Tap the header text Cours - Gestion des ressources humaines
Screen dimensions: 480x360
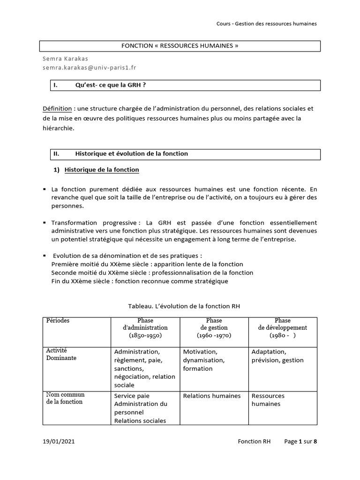tap(267, 24)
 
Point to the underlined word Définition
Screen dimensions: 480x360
tap(57, 109)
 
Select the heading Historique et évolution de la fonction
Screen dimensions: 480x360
tap(131, 154)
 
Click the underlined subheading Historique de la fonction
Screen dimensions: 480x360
tap(101, 170)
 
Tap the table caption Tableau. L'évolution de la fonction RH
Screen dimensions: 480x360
tap(184, 306)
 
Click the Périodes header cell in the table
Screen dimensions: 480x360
tap(58, 321)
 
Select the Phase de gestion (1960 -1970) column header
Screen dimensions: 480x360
tap(213, 328)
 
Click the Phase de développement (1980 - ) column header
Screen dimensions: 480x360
tap(282, 328)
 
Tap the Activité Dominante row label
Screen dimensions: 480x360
tap(61, 354)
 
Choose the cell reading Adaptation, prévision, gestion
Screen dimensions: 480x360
tap(277, 356)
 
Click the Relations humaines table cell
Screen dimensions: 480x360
tap(212, 396)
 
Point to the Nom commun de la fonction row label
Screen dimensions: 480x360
tap(65, 398)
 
